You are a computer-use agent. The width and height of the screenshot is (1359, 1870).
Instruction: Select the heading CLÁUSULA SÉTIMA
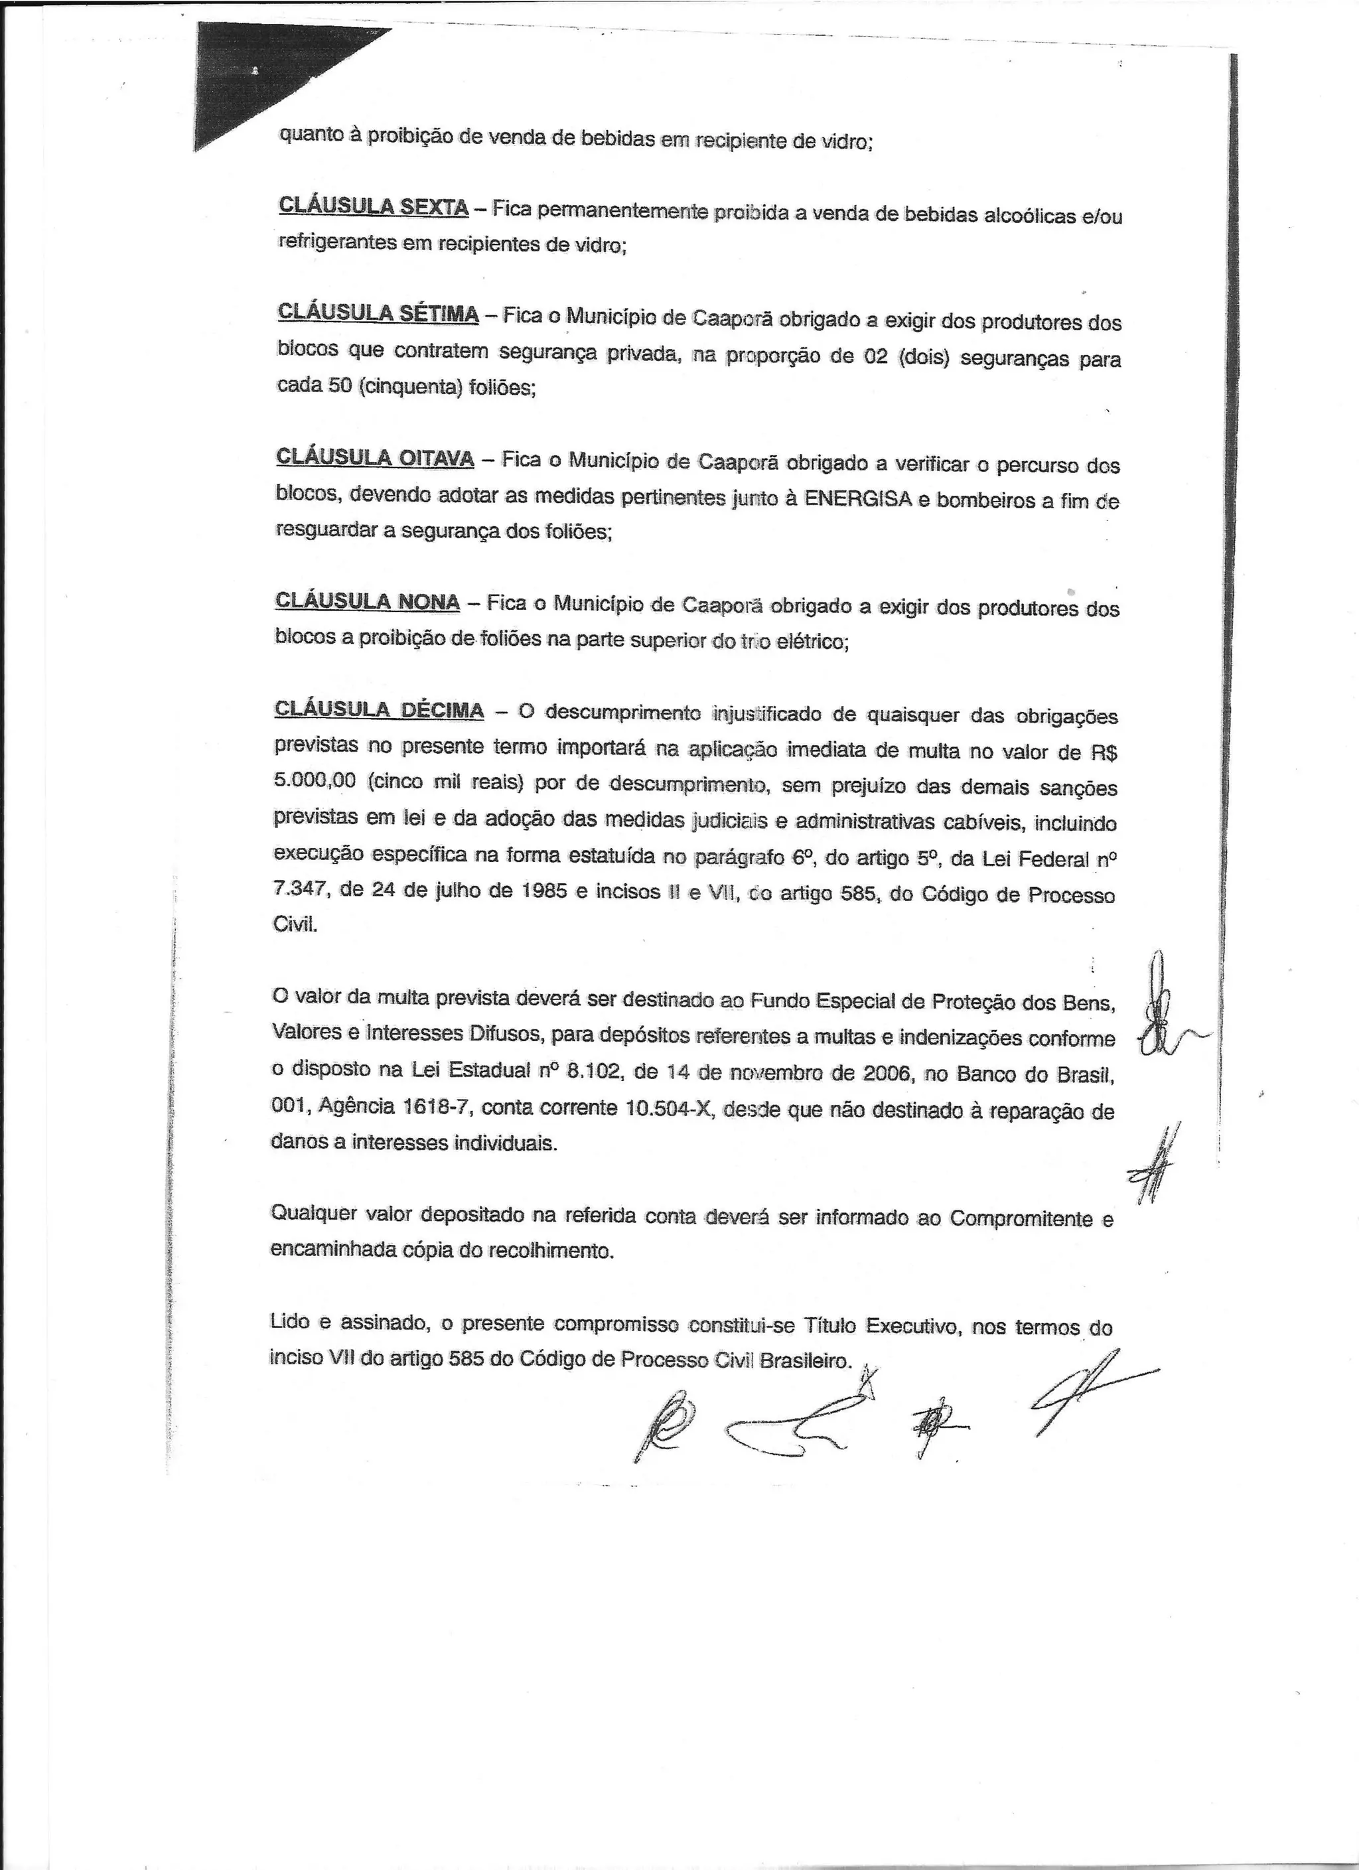tap(378, 313)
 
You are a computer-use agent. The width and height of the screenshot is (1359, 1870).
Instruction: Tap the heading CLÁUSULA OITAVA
tap(374, 458)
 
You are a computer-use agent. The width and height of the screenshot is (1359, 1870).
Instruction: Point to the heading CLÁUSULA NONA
tap(367, 601)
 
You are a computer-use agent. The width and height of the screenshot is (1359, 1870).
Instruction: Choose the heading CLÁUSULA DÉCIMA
tap(378, 710)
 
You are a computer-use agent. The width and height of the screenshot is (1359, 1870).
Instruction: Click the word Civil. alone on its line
tap(293, 925)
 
